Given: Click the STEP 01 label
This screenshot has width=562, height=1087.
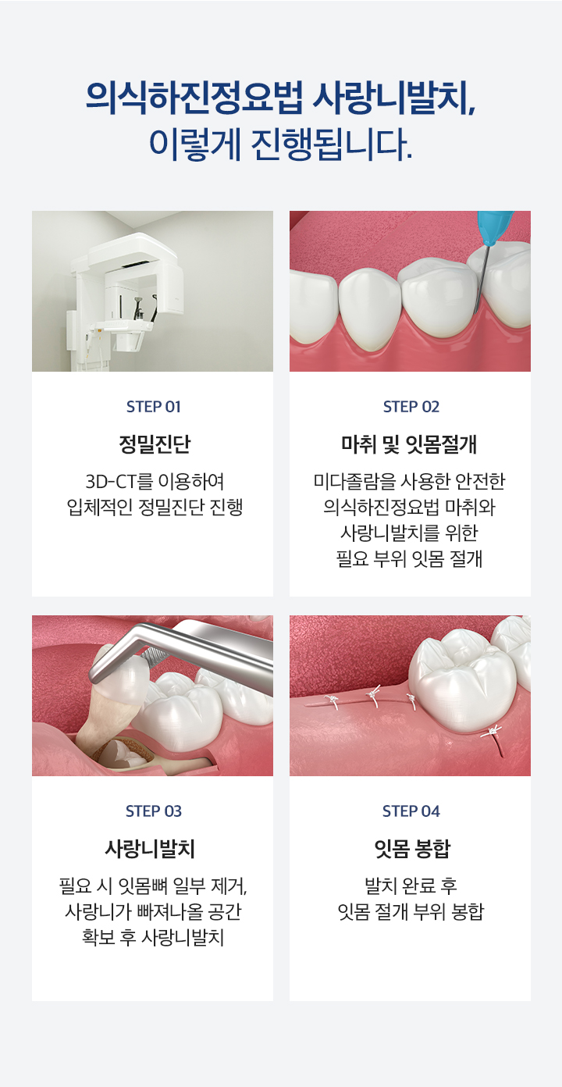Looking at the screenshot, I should click(153, 407).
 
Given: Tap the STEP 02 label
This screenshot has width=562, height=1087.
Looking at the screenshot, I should click(411, 407).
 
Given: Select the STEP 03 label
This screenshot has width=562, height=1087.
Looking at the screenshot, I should click(153, 811).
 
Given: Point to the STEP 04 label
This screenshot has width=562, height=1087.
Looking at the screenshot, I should click(411, 811).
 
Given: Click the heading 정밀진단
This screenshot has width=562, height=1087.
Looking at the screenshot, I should click(153, 445).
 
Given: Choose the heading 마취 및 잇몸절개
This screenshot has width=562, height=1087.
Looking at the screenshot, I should click(411, 445).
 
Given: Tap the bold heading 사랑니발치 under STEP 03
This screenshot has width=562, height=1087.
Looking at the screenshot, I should click(153, 849).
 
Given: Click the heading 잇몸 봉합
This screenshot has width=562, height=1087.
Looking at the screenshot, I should click(411, 849).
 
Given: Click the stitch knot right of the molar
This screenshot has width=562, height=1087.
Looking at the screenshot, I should click(491, 732).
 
